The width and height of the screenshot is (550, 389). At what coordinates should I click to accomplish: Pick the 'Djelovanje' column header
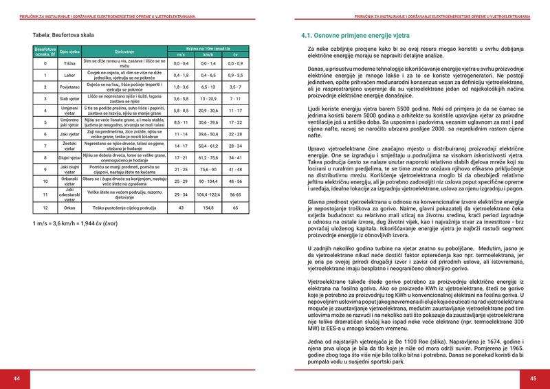124,51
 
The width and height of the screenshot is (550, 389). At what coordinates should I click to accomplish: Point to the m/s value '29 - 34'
181,194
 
